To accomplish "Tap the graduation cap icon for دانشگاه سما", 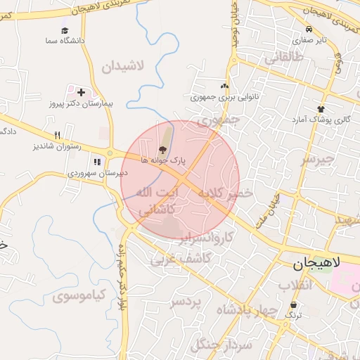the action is tap(65, 31).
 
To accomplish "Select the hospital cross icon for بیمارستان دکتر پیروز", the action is tap(82, 92).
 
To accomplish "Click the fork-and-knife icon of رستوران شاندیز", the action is tap(58, 135).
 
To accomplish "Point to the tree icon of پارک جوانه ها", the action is tap(163, 149).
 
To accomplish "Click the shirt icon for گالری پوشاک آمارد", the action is tap(321, 109).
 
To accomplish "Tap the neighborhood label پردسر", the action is tap(186, 303).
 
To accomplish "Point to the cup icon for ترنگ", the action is tap(293, 305).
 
